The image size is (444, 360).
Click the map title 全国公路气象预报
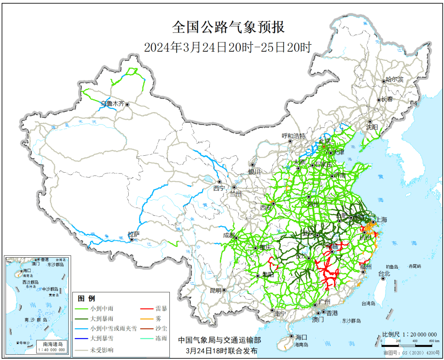tap(228, 27)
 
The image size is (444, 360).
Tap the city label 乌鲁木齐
tap(112, 104)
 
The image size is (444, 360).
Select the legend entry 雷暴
tap(161, 308)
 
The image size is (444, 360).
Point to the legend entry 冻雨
tap(161, 339)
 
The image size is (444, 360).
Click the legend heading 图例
tap(86, 298)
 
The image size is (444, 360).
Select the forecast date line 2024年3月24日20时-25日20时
tap(228, 47)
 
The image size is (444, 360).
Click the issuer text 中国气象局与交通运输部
tap(219, 340)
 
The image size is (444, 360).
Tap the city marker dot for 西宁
tap(220, 182)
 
